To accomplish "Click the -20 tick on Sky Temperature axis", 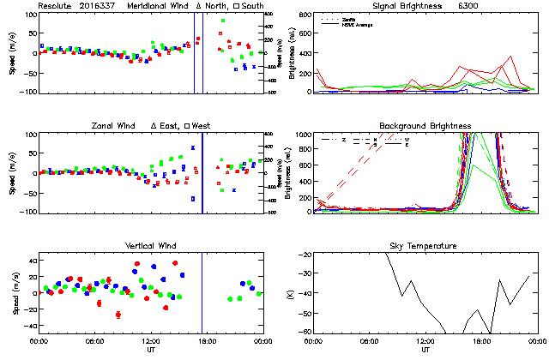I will (306, 256).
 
